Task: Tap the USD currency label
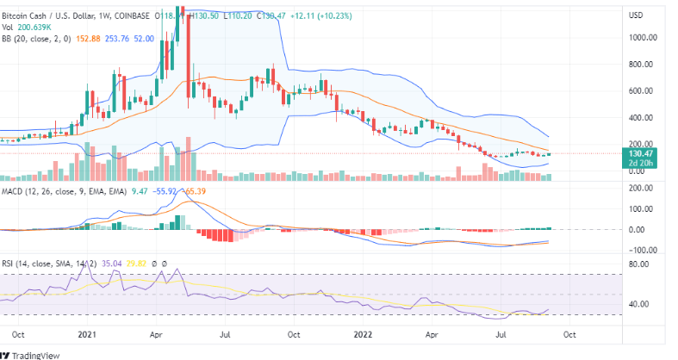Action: (x=637, y=16)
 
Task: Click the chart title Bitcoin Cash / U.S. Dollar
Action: (x=52, y=16)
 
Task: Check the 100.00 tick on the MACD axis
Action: (x=640, y=208)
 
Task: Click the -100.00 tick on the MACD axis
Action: (x=638, y=250)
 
